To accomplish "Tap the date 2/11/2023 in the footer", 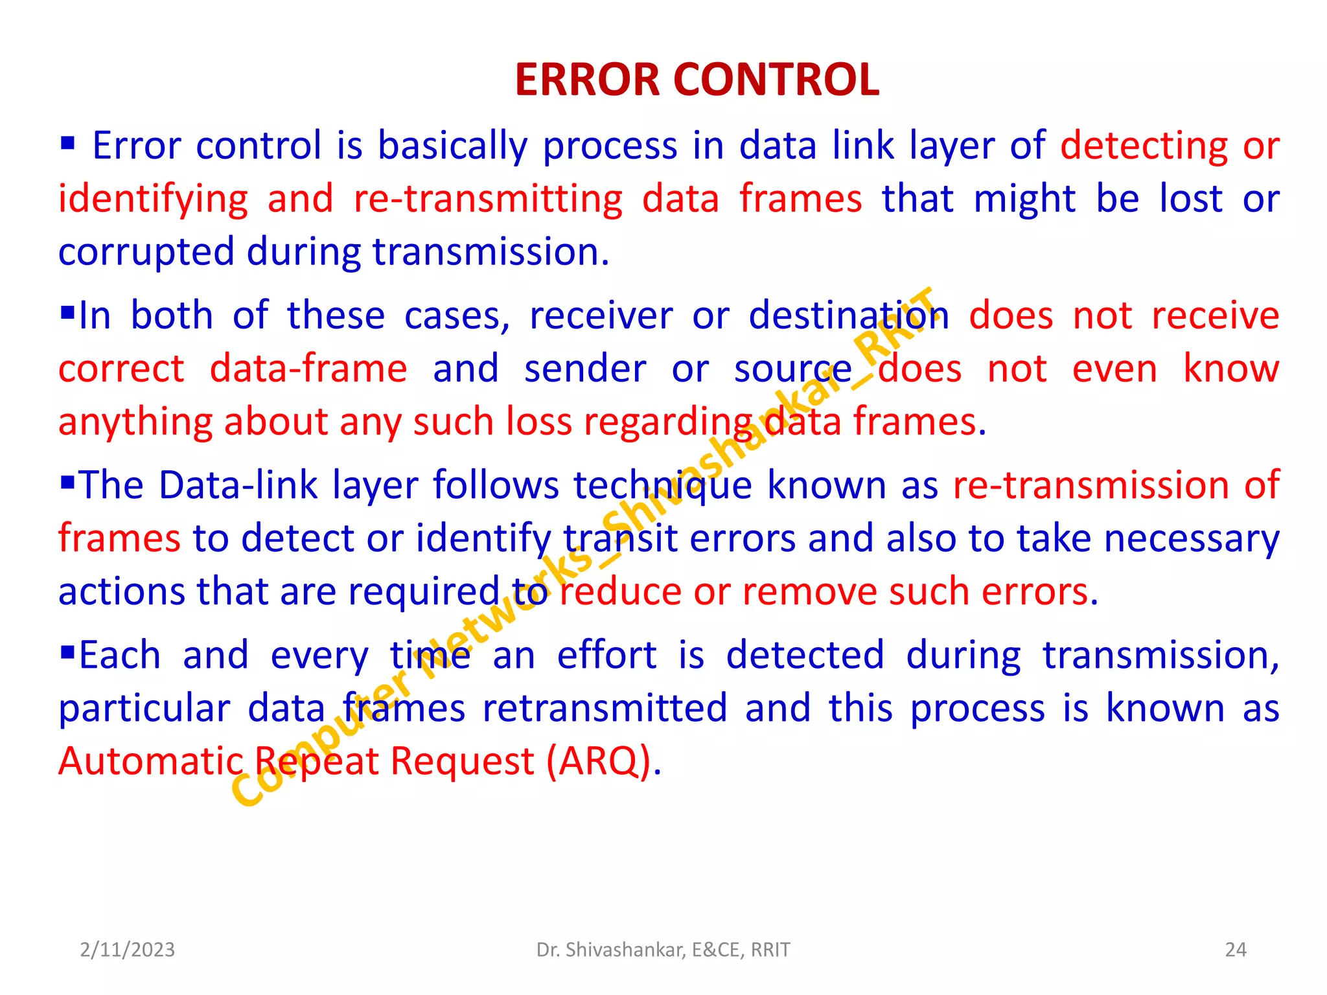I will [127, 950].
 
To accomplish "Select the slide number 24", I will [1236, 950].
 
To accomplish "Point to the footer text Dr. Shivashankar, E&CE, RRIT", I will [663, 950].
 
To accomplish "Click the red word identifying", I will [153, 200].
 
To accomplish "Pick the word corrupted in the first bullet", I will [146, 253].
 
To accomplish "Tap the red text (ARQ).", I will [598, 761].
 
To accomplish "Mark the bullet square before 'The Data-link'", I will [67, 483].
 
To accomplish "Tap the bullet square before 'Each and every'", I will [67, 652].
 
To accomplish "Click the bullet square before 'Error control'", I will [67, 143].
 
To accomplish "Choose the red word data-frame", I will [308, 369].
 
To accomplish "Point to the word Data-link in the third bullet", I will [238, 485].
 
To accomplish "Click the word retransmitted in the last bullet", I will [605, 708].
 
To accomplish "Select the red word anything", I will [135, 422].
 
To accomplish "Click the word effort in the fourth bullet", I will [606, 655].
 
